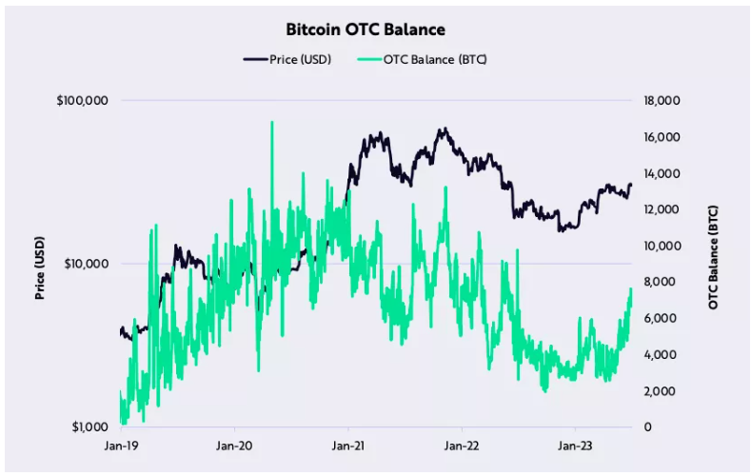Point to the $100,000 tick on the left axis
click(84, 101)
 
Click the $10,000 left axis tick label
click(87, 264)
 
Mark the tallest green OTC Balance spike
click(272, 124)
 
